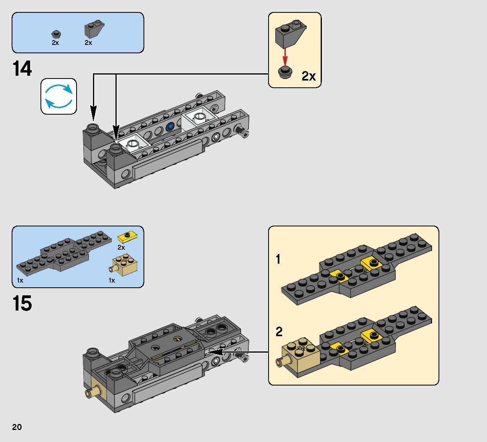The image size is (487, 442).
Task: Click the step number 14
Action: pos(22,69)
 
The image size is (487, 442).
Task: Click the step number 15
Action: pos(22,303)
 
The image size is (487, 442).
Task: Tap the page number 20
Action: pos(17,427)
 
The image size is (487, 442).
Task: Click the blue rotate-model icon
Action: pos(59,96)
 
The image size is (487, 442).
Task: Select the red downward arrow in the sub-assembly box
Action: pos(285,57)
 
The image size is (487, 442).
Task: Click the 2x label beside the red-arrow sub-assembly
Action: pos(308,76)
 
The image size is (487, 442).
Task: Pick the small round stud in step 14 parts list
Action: pos(56,34)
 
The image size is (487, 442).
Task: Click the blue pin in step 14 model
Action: pos(170,126)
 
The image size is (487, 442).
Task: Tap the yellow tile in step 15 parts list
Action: pos(127,236)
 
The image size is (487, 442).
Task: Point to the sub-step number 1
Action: pos(278,260)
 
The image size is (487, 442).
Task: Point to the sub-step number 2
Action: pos(279,331)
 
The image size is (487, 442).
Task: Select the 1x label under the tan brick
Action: pos(112,280)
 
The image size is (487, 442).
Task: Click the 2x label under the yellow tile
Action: pos(121,247)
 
